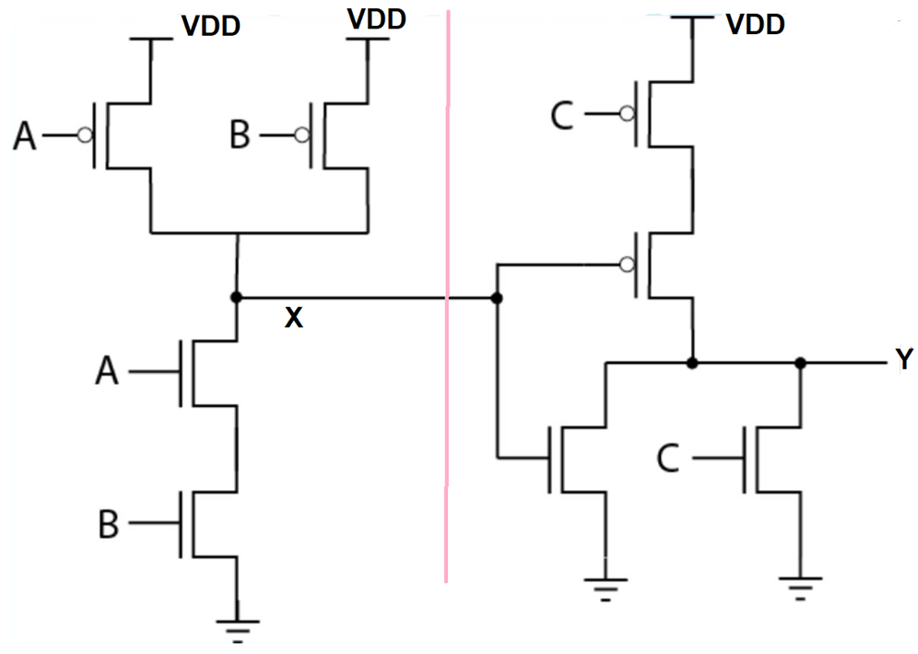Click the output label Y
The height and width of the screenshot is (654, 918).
[904, 360]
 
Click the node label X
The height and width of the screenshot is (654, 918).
[293, 319]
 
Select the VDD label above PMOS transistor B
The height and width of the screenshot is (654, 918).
[377, 18]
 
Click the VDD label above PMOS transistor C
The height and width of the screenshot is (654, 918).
[756, 24]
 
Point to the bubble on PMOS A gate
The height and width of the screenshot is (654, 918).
[84, 136]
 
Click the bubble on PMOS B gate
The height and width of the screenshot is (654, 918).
[301, 136]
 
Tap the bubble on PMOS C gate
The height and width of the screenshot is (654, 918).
[627, 114]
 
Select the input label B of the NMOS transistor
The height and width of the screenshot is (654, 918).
[109, 525]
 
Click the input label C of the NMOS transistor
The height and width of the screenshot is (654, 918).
[669, 458]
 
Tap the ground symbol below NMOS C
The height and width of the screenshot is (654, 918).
[799, 586]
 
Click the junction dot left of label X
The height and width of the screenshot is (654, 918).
[236, 298]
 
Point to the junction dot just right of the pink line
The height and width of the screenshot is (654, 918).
[497, 298]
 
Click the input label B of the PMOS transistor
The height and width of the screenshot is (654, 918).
[240, 137]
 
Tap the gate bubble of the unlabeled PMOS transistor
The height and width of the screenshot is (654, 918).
[627, 265]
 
